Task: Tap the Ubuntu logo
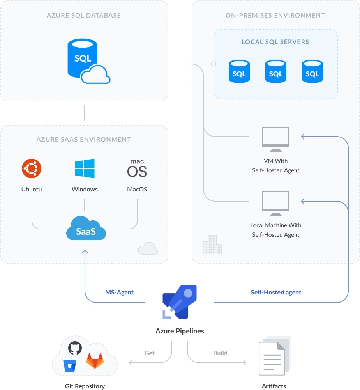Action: pyautogui.click(x=32, y=169)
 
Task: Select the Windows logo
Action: pyautogui.click(x=85, y=168)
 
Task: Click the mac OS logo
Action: pyautogui.click(x=137, y=168)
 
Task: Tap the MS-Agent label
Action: pyautogui.click(x=119, y=292)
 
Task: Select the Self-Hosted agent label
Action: pyautogui.click(x=276, y=292)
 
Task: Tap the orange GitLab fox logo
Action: pyautogui.click(x=95, y=361)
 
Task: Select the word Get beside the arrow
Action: pyautogui.click(x=150, y=353)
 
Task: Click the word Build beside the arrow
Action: pyautogui.click(x=220, y=353)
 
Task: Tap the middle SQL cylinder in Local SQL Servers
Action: pyautogui.click(x=275, y=71)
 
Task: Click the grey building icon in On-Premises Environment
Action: pyautogui.click(x=212, y=245)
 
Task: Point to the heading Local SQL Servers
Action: pyautogui.click(x=275, y=42)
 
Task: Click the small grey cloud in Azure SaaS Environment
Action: pyautogui.click(x=148, y=248)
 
